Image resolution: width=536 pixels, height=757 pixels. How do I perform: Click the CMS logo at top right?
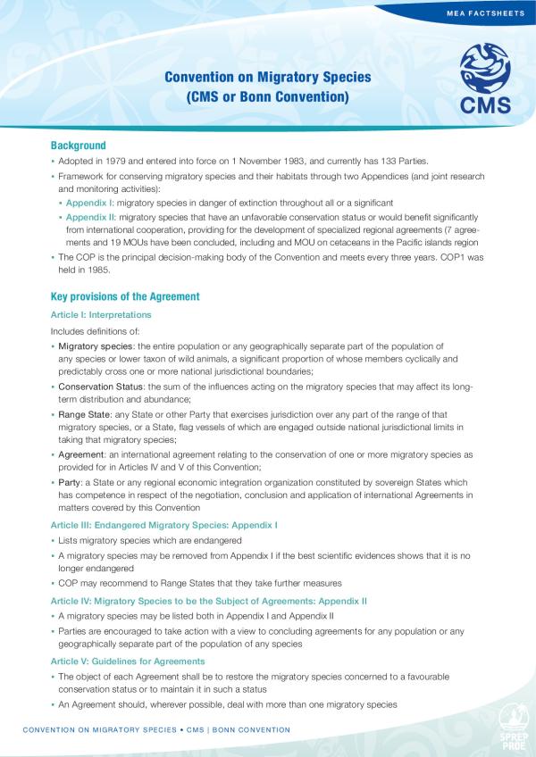[485, 82]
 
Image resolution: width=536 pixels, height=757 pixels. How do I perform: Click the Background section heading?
[78, 146]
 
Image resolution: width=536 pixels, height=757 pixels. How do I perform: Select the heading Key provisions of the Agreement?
[124, 296]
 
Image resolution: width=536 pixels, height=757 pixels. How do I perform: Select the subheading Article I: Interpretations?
[100, 315]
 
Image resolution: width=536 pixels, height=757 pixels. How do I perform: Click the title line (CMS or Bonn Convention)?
[267, 96]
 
